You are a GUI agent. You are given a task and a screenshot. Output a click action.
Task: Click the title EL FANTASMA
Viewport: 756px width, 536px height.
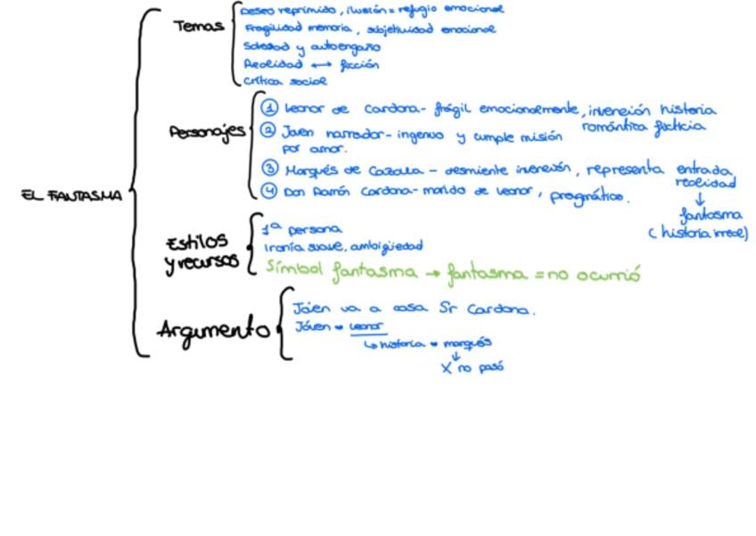point(71,196)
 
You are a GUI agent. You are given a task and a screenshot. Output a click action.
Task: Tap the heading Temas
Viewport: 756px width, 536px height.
point(198,27)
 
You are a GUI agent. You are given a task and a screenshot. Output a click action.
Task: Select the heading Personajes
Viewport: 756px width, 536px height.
point(207,133)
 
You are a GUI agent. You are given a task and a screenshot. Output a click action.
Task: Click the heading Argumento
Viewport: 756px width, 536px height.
point(214,330)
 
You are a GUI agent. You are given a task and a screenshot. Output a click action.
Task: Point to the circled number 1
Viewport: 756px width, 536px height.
point(269,109)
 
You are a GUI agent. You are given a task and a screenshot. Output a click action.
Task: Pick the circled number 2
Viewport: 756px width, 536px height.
point(269,131)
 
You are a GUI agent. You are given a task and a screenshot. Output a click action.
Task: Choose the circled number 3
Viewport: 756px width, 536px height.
point(270,168)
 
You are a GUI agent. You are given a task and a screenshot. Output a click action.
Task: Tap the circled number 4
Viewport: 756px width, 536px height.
point(270,190)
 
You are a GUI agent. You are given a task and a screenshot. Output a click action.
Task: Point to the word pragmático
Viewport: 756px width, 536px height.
point(589,196)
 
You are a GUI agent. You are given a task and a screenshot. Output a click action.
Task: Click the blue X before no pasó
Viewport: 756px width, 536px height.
point(447,368)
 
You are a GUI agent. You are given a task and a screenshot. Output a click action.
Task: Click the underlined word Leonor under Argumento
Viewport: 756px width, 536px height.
point(362,326)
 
